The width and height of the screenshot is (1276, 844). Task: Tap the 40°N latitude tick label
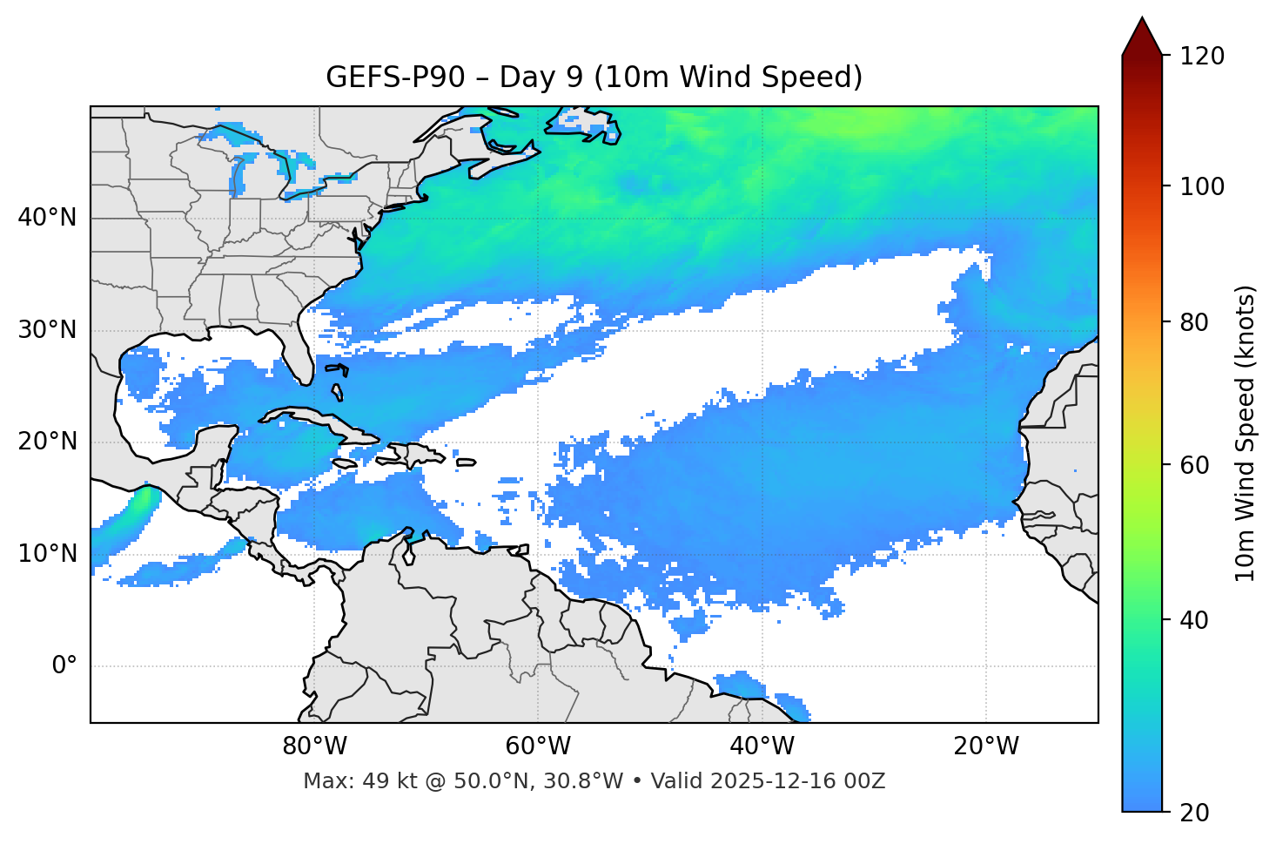point(47,218)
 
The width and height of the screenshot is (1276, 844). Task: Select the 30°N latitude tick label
point(47,330)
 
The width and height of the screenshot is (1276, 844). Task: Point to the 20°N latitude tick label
point(47,442)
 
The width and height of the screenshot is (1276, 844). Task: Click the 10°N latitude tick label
point(47,554)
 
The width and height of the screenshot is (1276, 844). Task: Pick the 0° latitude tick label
point(64,666)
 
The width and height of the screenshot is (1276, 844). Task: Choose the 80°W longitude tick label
point(314,746)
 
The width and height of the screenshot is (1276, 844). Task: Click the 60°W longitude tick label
point(538,746)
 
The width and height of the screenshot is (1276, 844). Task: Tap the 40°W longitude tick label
point(762,746)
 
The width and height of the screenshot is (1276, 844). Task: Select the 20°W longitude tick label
point(985,746)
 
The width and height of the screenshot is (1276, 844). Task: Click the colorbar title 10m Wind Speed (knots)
point(1246,433)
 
